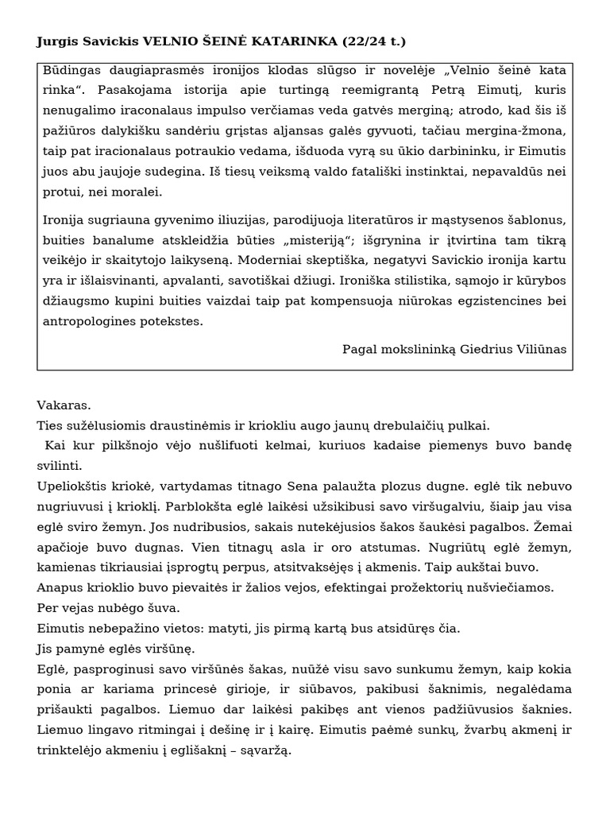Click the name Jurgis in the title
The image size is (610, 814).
56,41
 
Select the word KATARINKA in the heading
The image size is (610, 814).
304,41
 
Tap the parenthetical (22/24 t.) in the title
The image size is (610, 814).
376,41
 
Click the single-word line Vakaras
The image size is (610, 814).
64,405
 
